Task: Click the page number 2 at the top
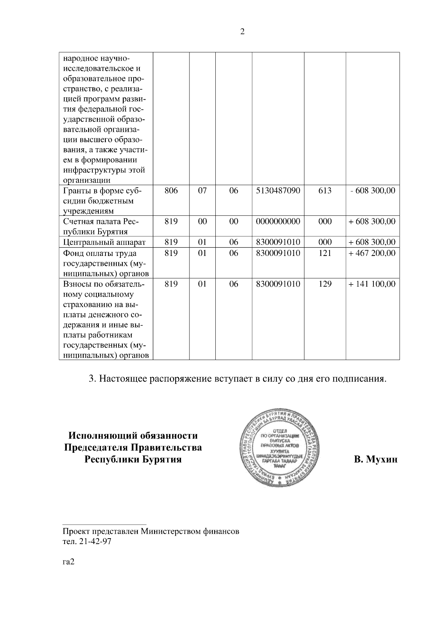point(242,32)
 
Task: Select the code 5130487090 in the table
point(278,191)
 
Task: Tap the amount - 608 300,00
point(373,191)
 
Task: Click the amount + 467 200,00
point(372,253)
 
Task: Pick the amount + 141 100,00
point(372,284)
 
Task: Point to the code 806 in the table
point(171,191)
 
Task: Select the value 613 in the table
point(325,191)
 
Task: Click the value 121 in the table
point(325,253)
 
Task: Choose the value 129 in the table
point(325,284)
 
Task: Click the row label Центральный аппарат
point(104,242)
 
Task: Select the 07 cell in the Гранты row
point(202,191)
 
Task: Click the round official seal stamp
point(280,446)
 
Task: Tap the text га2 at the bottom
point(69,562)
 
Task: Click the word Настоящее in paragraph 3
point(122,379)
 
